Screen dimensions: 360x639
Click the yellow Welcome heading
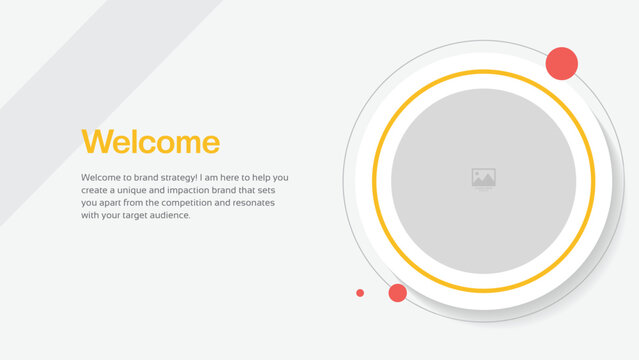click(150, 142)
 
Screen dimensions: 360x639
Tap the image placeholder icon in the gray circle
click(484, 179)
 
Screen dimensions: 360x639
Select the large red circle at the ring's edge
click(561, 63)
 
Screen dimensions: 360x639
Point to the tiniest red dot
click(360, 293)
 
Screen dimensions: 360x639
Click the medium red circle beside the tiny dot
click(397, 293)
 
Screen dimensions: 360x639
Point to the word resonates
click(252, 202)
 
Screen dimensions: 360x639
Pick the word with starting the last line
click(89, 215)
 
